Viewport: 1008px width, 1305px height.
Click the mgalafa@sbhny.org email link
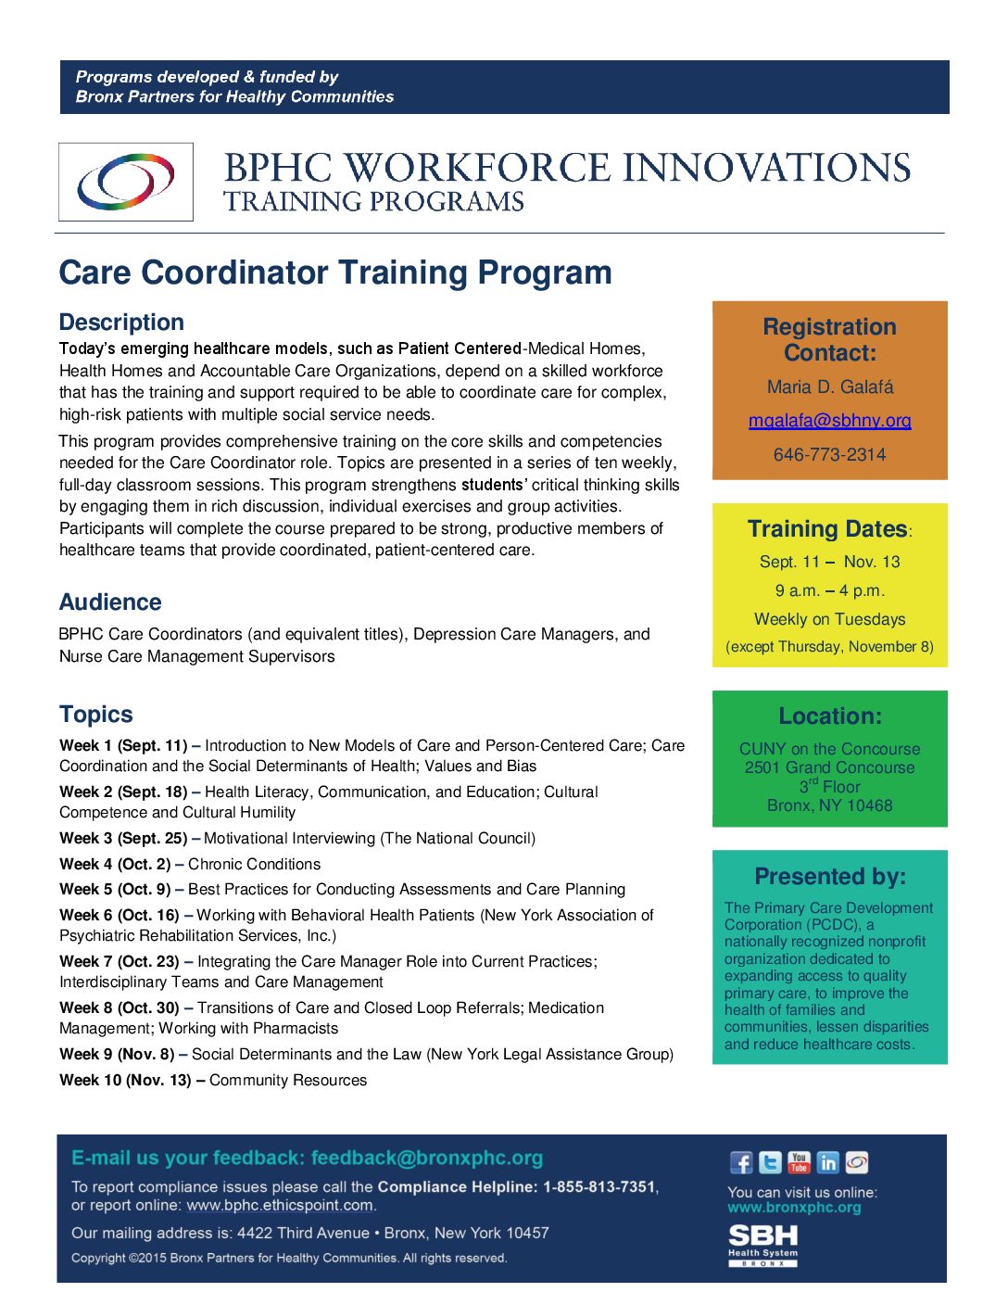click(x=829, y=421)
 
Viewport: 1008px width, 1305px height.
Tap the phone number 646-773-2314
click(x=829, y=455)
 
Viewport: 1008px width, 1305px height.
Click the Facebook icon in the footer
click(x=741, y=1162)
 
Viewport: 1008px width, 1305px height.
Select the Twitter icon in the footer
click(x=770, y=1162)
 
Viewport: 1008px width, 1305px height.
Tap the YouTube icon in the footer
click(x=799, y=1162)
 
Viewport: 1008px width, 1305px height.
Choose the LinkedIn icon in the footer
click(x=828, y=1162)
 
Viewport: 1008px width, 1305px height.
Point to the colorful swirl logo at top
click(x=126, y=182)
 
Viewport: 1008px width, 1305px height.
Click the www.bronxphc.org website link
click(x=794, y=1208)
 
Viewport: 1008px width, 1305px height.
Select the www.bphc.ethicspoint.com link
click(x=280, y=1206)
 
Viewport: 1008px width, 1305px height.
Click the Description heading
click(x=121, y=323)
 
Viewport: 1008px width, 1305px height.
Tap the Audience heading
click(x=110, y=602)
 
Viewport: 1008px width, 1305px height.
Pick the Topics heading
click(x=96, y=715)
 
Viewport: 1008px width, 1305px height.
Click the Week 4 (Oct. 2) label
click(x=115, y=865)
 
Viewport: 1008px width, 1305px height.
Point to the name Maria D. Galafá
click(x=829, y=387)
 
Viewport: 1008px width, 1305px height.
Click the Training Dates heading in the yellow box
click(x=827, y=529)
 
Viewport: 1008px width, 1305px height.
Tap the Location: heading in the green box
click(x=829, y=716)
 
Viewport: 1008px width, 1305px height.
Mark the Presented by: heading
click(x=829, y=877)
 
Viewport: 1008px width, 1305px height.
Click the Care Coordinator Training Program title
click(x=335, y=272)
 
